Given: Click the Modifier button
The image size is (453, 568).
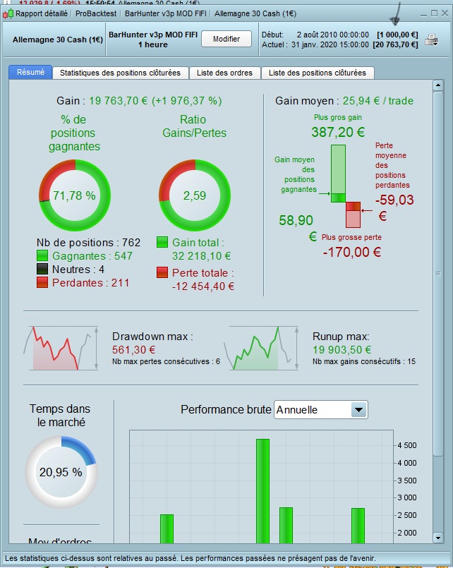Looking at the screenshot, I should pos(226,40).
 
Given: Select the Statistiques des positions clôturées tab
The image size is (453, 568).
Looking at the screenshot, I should pos(120,73).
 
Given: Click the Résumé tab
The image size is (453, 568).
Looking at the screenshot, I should pos(30,72).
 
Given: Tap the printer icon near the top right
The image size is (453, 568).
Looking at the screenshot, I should pos(431,40).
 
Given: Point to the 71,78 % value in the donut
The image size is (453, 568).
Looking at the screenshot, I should pos(74,195).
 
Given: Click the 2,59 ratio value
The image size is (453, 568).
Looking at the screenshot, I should pos(193,195).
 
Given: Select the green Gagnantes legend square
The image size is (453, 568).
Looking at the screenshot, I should pos(42,256).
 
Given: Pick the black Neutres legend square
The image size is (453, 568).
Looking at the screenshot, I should pos(42,270).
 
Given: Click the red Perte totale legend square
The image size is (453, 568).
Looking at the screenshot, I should pos(162,272).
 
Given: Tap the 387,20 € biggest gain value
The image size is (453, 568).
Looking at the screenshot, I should pos(337,132).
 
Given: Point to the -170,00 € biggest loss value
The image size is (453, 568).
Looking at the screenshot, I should pos(352,251).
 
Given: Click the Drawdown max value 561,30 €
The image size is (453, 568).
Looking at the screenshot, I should pos(134,349).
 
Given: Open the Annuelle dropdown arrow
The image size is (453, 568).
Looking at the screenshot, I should pos(358,410).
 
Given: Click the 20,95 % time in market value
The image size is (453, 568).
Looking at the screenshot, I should pos(60,472).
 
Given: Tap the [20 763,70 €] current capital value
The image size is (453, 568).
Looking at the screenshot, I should pos(397,44).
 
